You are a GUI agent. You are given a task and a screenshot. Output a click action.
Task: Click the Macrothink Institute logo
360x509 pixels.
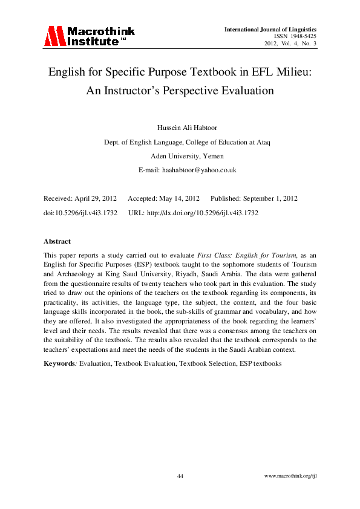89,36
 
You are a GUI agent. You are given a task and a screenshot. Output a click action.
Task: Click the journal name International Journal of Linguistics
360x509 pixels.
270,29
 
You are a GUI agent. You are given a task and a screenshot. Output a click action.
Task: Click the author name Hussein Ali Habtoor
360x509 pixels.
180,128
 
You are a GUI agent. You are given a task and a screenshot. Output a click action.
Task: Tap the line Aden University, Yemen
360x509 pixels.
180,156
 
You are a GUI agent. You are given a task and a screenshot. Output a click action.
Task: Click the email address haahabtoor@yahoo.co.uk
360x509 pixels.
199,170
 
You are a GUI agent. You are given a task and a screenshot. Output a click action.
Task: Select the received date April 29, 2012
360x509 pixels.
94,198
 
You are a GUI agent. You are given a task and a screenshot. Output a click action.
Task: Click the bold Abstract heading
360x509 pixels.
57,241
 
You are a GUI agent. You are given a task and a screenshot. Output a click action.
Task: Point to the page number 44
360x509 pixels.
180,476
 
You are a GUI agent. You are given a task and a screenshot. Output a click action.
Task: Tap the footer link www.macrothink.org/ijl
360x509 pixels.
292,476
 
